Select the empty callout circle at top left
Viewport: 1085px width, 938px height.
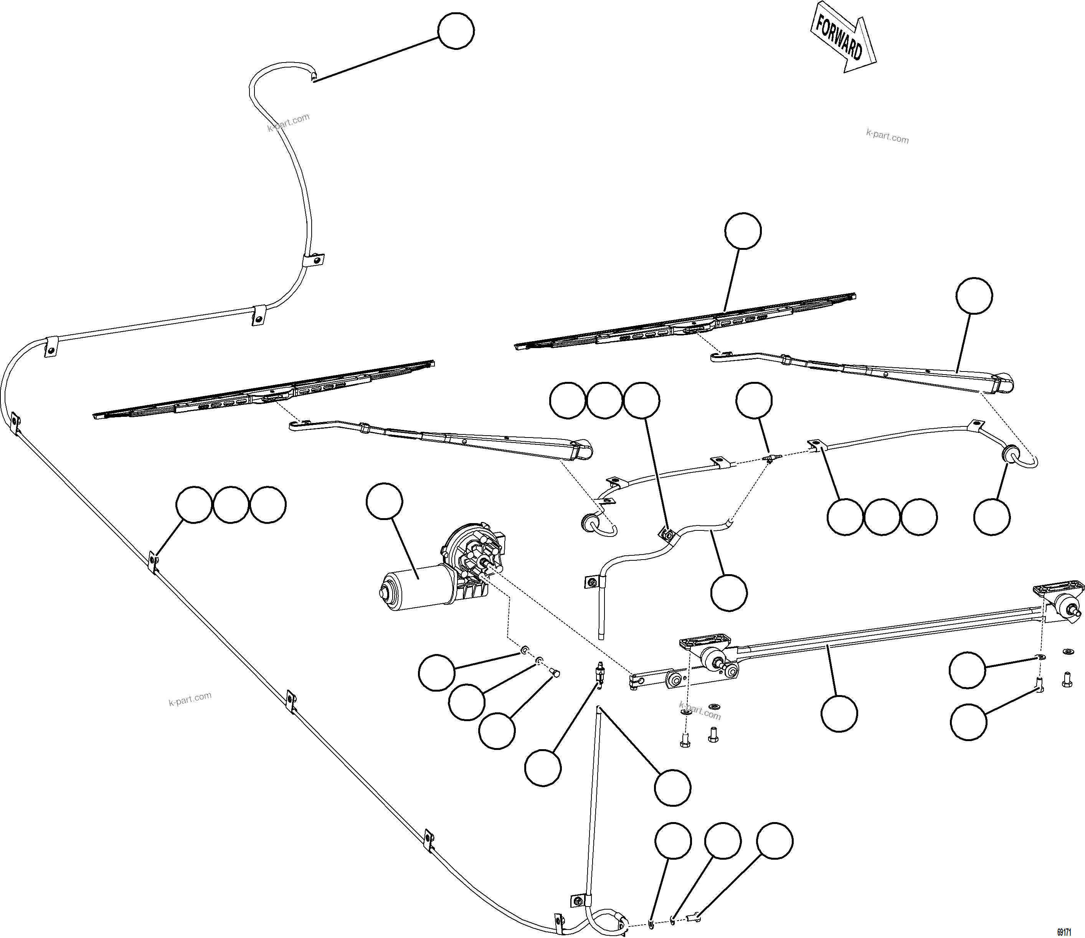(x=456, y=31)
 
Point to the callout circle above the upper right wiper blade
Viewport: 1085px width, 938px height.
(x=743, y=230)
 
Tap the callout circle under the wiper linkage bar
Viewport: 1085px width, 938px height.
(x=839, y=713)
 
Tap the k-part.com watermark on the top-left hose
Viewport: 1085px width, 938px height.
(x=289, y=122)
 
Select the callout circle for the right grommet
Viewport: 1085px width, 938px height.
(x=991, y=517)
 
